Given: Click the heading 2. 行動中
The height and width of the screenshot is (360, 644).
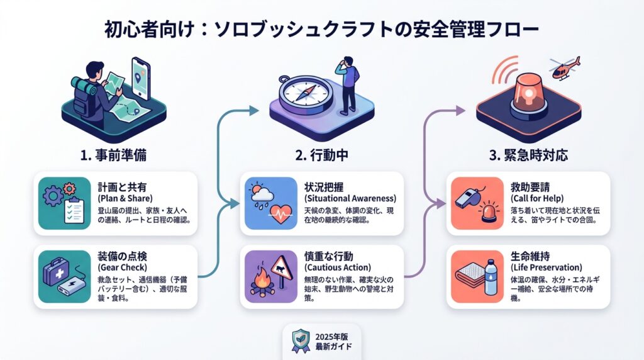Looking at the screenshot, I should click(322, 155).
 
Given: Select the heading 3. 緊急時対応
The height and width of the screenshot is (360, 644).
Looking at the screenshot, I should click(528, 155).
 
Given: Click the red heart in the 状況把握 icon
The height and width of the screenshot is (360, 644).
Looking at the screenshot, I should click(276, 214).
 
